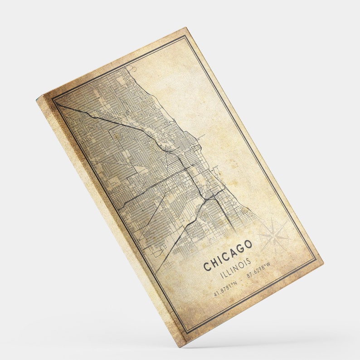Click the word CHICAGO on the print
click(228, 256)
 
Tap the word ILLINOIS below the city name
click(235, 269)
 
